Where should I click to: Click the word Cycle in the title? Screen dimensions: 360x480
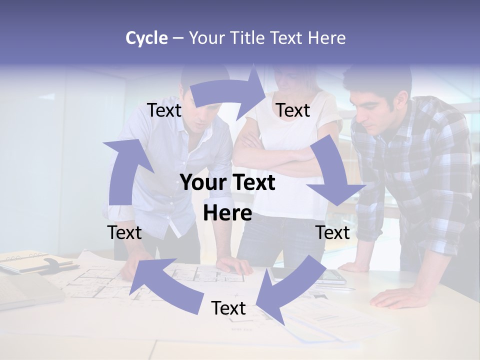[x=146, y=38]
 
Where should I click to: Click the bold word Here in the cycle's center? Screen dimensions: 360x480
[x=227, y=213]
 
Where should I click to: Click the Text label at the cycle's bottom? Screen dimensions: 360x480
[x=228, y=308]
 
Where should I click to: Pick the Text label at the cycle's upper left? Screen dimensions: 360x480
[x=164, y=110]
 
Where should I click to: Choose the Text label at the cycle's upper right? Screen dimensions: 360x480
[x=293, y=110]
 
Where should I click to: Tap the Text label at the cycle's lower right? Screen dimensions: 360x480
[x=332, y=232]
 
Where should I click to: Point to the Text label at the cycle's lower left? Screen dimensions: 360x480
[x=124, y=232]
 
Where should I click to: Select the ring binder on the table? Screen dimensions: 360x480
[x=30, y=262]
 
